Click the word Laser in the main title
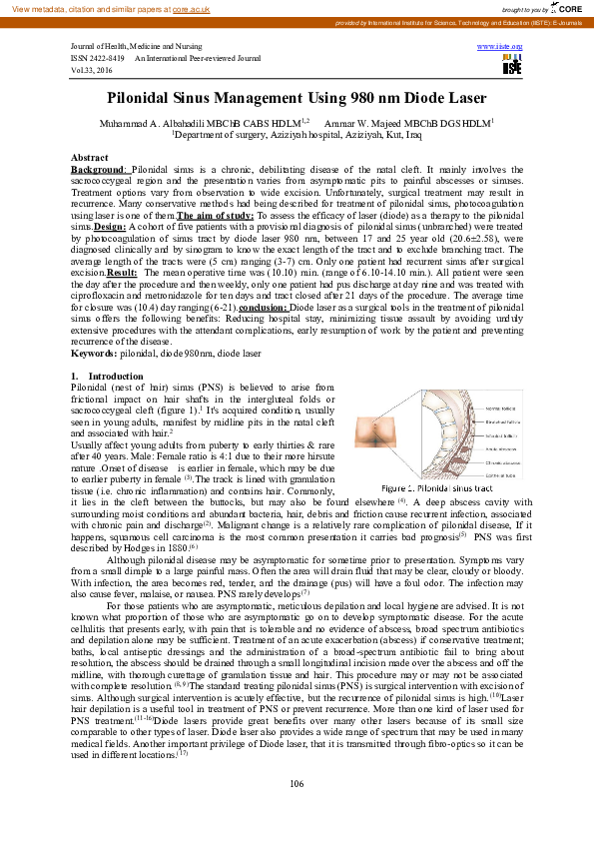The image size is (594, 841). (462, 98)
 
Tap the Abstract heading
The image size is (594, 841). (90, 159)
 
